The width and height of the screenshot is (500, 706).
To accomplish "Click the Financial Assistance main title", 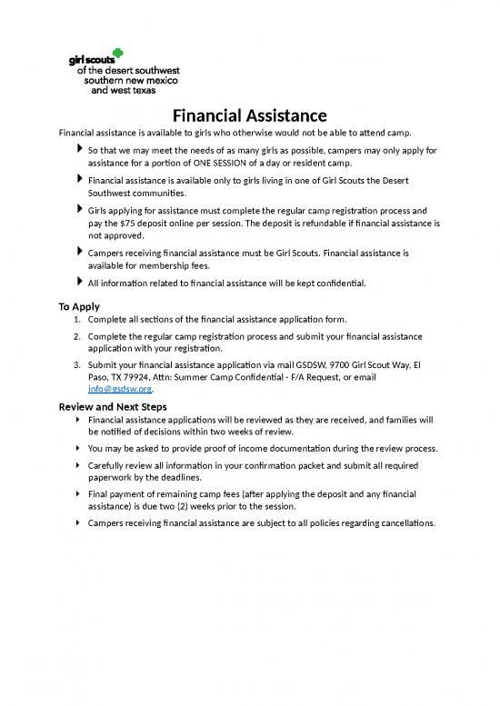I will (250, 116).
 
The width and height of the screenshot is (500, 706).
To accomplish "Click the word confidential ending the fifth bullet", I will (338, 283).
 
